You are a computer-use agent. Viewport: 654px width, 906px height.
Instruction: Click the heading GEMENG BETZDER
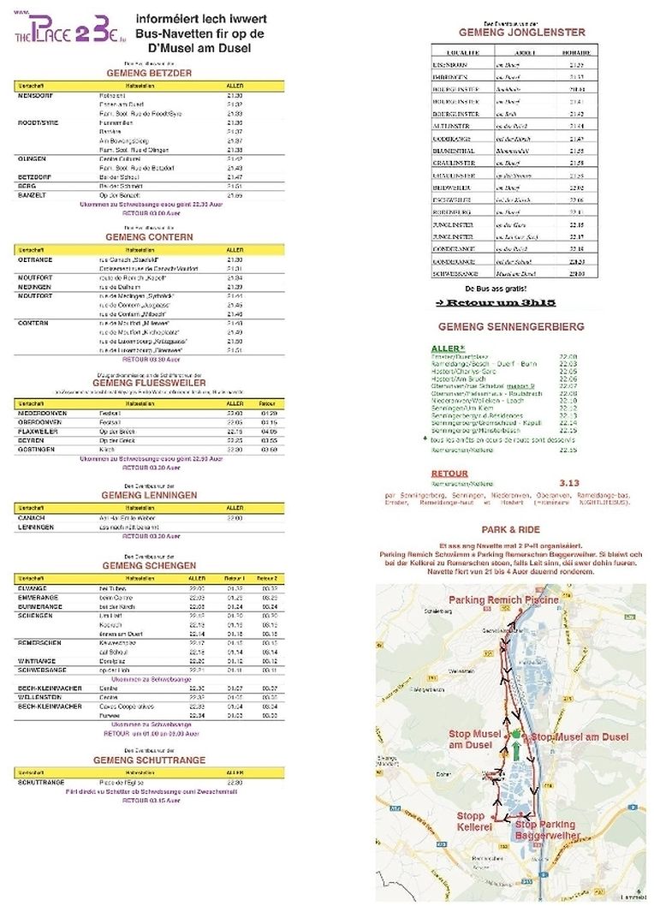pyautogui.click(x=149, y=73)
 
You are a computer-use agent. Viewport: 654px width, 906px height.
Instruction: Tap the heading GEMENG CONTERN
pyautogui.click(x=149, y=236)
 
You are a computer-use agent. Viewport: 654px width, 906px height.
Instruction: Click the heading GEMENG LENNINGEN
pyautogui.click(x=149, y=495)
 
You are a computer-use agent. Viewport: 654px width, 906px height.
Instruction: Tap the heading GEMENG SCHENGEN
pyautogui.click(x=149, y=566)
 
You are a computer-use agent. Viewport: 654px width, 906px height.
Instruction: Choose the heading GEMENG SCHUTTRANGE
pyautogui.click(x=149, y=760)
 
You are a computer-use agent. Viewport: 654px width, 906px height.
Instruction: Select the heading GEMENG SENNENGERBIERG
pyautogui.click(x=511, y=327)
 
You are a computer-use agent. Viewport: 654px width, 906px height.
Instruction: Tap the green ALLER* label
pyautogui.click(x=448, y=349)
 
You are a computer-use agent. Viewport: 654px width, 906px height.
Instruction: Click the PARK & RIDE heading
pyautogui.click(x=510, y=530)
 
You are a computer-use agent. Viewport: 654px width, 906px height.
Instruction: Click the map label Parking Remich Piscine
pyautogui.click(x=503, y=599)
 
